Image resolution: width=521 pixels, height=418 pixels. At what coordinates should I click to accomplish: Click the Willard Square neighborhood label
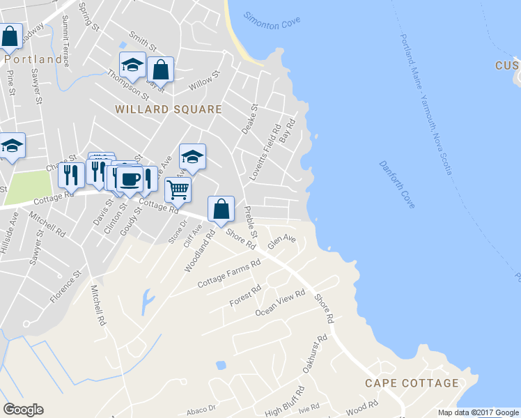(169, 109)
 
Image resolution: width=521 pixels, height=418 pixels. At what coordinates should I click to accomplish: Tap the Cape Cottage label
(412, 383)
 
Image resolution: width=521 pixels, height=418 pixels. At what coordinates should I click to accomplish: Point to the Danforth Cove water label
(397, 184)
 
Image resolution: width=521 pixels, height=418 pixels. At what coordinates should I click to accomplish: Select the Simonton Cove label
(272, 20)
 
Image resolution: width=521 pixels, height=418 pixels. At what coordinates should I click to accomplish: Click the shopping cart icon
(178, 188)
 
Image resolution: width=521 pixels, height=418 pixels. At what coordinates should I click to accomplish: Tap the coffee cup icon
(129, 179)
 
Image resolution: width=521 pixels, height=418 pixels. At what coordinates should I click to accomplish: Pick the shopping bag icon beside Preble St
(221, 208)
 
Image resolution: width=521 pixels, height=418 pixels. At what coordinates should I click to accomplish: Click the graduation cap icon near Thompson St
(132, 65)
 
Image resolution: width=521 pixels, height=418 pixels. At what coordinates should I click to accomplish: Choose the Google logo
(23, 410)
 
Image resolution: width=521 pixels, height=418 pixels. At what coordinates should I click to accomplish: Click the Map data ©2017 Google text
(478, 412)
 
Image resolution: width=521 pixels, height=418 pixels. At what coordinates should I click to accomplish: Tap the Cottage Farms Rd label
(228, 274)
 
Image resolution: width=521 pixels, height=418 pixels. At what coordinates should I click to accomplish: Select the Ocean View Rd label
(280, 304)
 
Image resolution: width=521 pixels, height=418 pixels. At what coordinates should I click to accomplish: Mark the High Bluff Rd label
(285, 401)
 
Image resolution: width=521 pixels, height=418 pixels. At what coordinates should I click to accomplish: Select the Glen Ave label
(282, 242)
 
